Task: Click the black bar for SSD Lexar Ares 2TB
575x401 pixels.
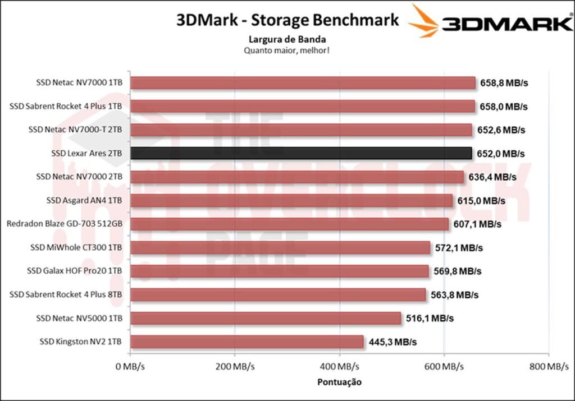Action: (x=301, y=153)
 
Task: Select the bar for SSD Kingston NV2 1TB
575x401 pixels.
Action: (x=247, y=342)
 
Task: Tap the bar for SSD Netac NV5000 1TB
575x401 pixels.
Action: (x=266, y=318)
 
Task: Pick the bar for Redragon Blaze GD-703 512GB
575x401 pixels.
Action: (x=289, y=224)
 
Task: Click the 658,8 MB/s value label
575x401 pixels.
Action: (x=504, y=83)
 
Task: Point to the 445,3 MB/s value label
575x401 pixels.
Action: (x=392, y=342)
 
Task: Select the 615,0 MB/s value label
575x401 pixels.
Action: (x=481, y=200)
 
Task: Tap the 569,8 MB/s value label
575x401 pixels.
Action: (x=457, y=271)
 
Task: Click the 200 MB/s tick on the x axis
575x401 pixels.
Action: (x=235, y=367)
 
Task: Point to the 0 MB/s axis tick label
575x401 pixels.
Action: (x=130, y=367)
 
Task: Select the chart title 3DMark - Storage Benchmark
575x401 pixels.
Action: (x=287, y=20)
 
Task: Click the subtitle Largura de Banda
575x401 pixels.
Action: (x=287, y=39)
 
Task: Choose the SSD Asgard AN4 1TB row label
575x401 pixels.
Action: (x=85, y=200)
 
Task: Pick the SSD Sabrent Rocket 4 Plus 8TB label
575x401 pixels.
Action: (x=67, y=294)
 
